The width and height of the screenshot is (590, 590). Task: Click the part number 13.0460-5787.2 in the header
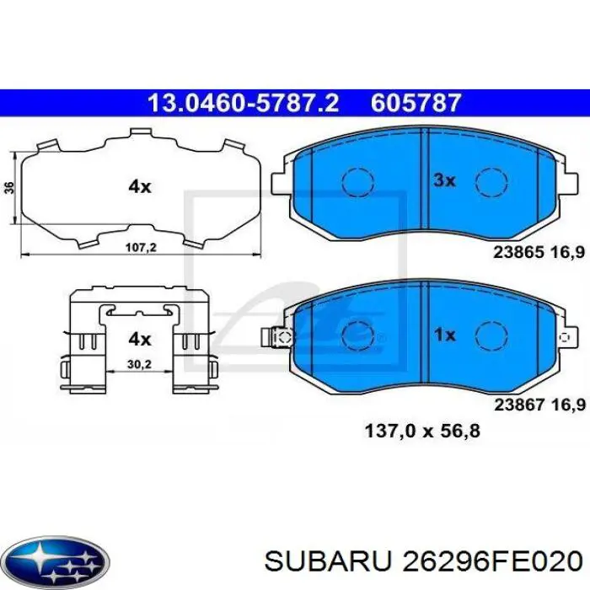(x=243, y=104)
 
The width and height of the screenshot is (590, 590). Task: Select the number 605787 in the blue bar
(x=416, y=104)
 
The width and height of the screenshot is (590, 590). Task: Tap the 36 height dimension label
(x=8, y=188)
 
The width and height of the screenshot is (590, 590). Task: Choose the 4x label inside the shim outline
(x=139, y=187)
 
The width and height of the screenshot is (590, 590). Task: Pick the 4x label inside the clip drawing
(x=139, y=339)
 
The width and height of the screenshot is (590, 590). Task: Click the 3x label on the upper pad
(x=444, y=180)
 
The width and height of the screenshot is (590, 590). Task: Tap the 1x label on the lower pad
(x=444, y=335)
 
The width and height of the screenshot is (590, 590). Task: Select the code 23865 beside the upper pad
(x=517, y=250)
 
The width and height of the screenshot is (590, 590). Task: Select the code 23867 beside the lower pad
(x=517, y=405)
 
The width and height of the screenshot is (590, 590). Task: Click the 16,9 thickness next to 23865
(x=567, y=250)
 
